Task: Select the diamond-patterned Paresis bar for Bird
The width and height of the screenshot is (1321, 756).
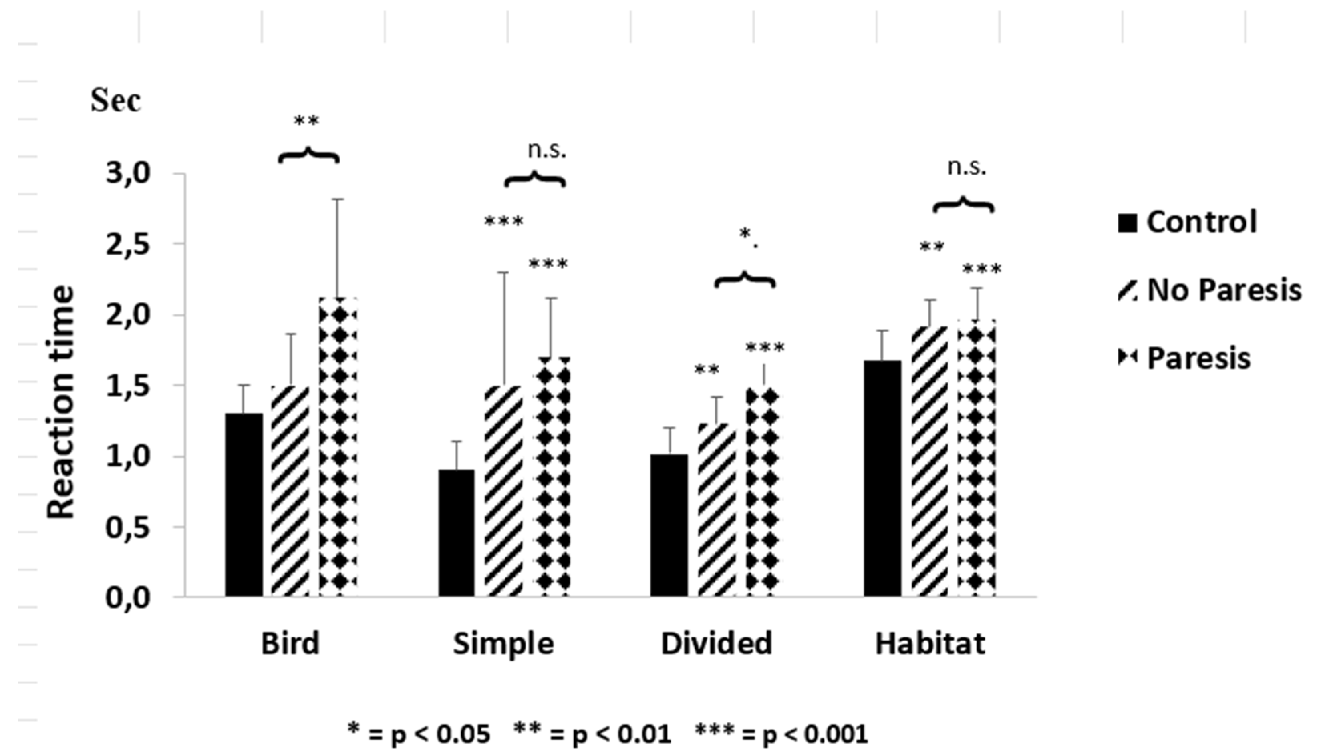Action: [x=338, y=446]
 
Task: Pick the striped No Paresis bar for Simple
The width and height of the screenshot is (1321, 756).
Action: [x=503, y=491]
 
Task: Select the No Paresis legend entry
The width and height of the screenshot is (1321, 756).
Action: [x=1210, y=290]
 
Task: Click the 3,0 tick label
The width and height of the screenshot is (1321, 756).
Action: [x=128, y=173]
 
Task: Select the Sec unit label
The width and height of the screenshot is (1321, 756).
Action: [x=115, y=100]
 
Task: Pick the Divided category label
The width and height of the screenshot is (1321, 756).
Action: [x=717, y=644]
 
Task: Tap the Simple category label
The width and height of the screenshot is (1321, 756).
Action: [x=503, y=644]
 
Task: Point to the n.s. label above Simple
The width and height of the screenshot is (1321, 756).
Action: [x=546, y=150]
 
